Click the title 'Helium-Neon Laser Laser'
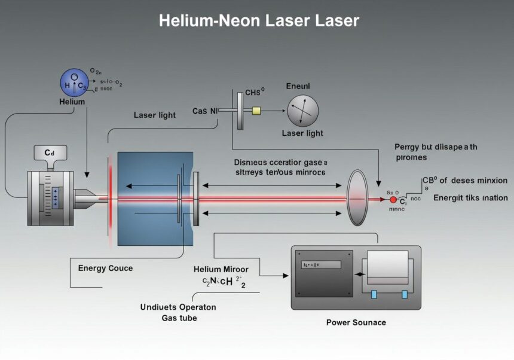point(258,21)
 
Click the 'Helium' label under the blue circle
point(72,102)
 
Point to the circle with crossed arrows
point(303,111)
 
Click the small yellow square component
point(257,111)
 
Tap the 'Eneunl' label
point(298,86)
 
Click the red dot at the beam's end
point(393,199)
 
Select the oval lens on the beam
point(357,197)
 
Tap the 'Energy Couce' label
point(105,268)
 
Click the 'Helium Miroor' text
point(221,269)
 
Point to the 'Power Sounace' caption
point(356,322)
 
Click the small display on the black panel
point(320,264)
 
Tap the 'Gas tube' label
point(179,318)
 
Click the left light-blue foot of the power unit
point(374,294)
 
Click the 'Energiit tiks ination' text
point(470,198)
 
